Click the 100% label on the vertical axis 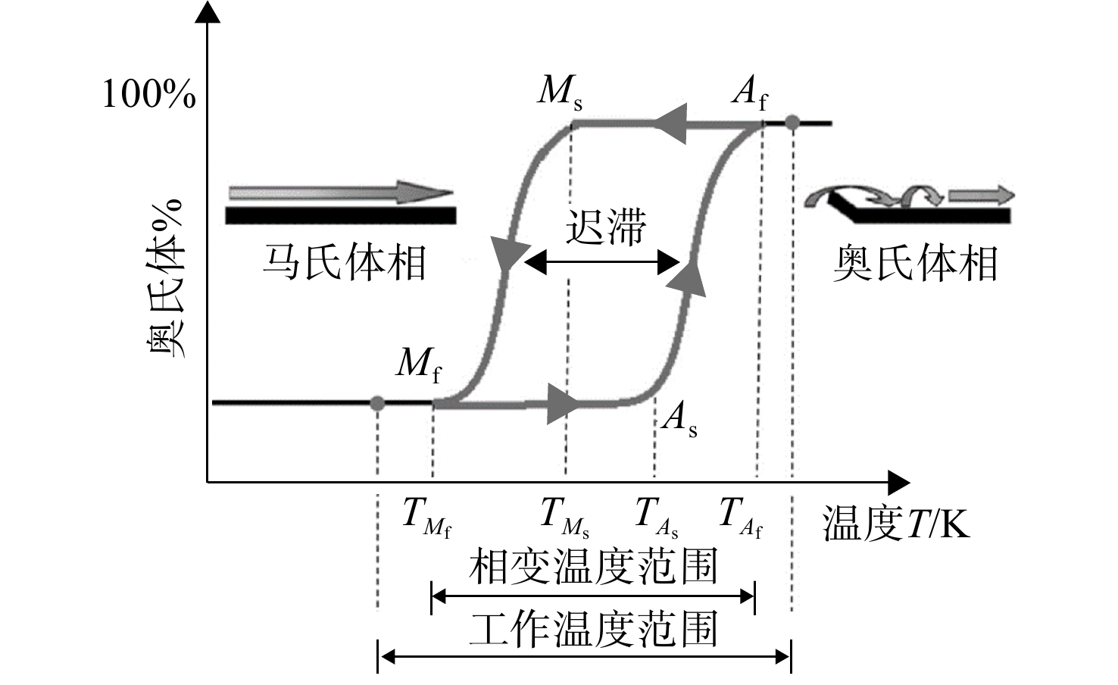click(x=148, y=94)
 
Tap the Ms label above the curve click(x=560, y=93)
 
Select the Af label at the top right click(x=750, y=93)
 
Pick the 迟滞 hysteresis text click(x=605, y=227)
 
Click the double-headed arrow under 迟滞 click(x=602, y=262)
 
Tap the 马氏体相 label click(x=345, y=262)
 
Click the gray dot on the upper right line click(x=792, y=122)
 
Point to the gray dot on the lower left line click(x=377, y=403)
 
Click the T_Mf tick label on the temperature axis click(x=427, y=518)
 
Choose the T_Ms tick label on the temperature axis click(x=565, y=518)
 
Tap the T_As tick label click(x=656, y=518)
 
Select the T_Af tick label click(x=742, y=518)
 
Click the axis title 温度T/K click(x=896, y=524)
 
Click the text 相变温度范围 click(x=593, y=567)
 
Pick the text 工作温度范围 click(x=593, y=629)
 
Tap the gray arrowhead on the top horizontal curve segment click(x=670, y=124)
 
